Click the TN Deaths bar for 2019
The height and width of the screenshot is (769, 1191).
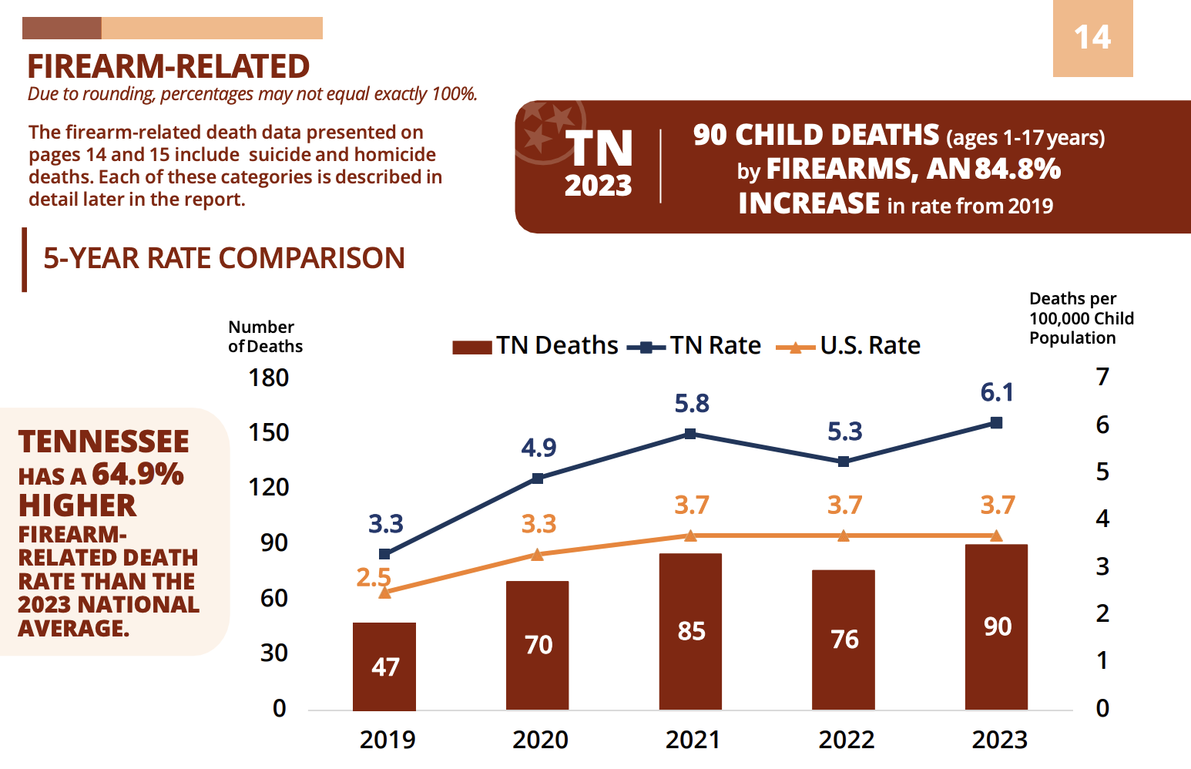pos(384,666)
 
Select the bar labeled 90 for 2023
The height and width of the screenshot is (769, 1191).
pos(995,626)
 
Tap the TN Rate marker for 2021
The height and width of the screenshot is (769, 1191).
pos(690,434)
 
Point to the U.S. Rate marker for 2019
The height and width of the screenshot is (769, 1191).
pos(384,593)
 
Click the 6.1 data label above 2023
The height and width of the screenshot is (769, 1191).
pos(996,393)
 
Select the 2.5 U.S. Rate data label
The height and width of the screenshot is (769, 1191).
pos(373,577)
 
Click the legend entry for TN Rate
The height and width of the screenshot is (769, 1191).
pos(695,346)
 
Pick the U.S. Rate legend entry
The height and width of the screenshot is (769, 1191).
pos(849,346)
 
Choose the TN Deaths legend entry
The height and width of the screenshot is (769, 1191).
pos(536,346)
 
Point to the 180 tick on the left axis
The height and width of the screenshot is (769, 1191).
pos(268,378)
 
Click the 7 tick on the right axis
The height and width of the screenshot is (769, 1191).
pos(1102,378)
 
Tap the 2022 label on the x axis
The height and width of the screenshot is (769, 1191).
pos(846,740)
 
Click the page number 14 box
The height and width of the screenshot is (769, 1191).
pos(1092,38)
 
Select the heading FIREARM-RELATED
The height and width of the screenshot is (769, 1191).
pos(168,67)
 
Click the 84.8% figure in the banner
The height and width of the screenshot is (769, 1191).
pos(1017,169)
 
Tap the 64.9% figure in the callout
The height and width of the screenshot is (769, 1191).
pos(137,474)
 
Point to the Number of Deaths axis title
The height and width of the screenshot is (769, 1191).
pos(265,337)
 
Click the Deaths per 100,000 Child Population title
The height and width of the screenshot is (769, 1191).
pos(1081,318)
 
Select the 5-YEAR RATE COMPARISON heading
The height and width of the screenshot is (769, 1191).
pos(223,258)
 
